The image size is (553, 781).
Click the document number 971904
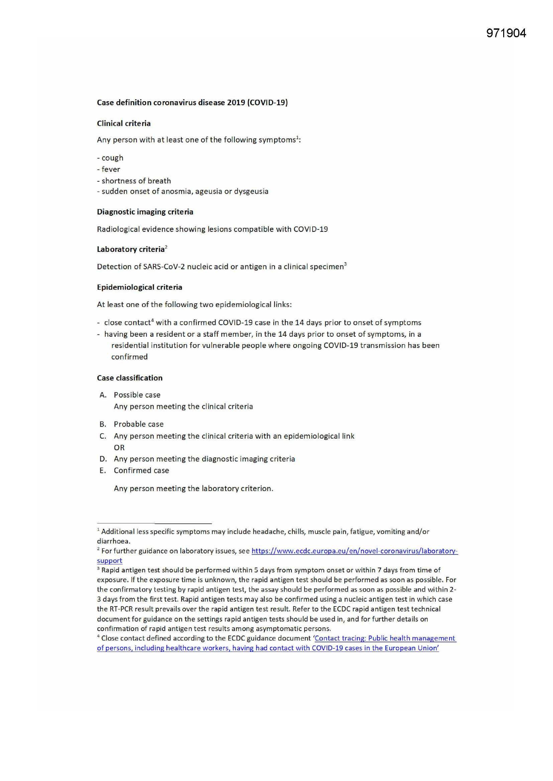tap(506, 33)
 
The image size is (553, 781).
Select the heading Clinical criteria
tap(124, 124)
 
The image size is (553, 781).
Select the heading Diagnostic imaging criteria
tap(145, 211)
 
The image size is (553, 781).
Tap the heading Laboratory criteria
tap(131, 249)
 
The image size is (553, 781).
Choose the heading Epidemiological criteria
tap(139, 287)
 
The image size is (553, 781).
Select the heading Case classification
tap(130, 378)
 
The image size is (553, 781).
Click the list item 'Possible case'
tap(137, 395)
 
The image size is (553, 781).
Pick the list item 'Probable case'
tap(139, 424)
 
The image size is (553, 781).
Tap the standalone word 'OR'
tap(119, 447)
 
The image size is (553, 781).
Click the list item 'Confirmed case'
tap(141, 470)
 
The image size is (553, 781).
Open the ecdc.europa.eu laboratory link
tap(354, 551)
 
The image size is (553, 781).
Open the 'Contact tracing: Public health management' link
tap(385, 638)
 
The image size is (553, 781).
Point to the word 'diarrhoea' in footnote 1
tap(113, 541)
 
